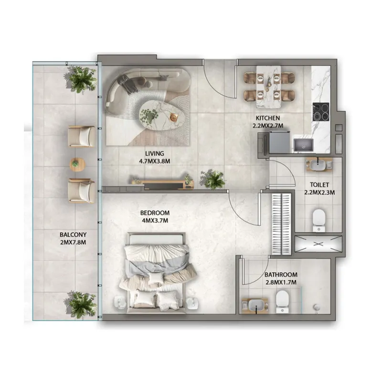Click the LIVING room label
pyautogui.click(x=155, y=154)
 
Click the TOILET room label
pyautogui.click(x=318, y=184)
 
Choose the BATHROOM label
pyautogui.click(x=281, y=275)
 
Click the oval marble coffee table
pyautogui.click(x=157, y=115)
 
